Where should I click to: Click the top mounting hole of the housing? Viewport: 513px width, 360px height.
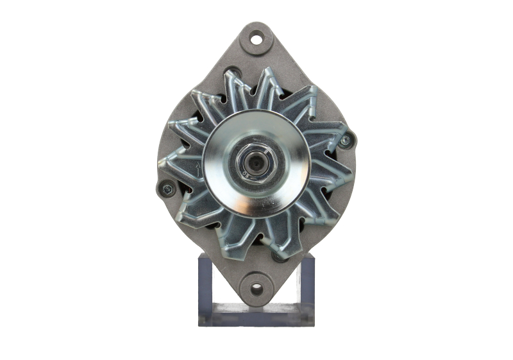tap(256, 40)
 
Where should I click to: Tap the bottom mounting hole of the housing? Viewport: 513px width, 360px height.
tap(256, 288)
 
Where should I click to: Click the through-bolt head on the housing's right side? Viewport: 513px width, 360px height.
tap(345, 140)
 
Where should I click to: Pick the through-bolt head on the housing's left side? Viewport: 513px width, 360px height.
tap(167, 189)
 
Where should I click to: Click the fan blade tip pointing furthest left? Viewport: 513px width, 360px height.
tap(161, 163)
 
